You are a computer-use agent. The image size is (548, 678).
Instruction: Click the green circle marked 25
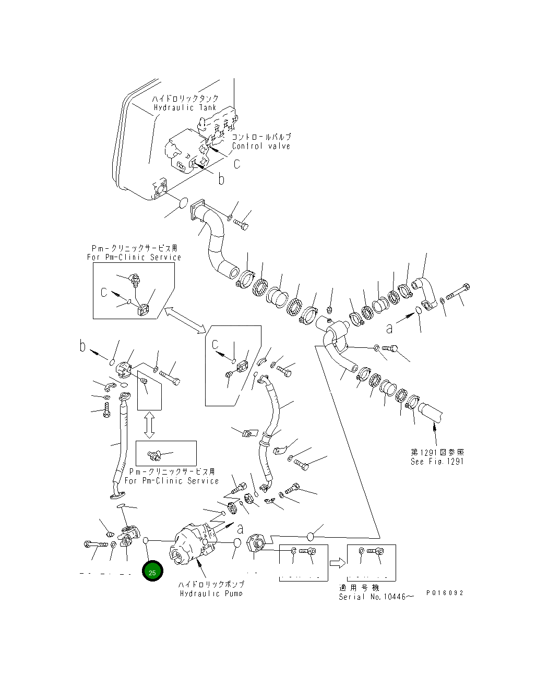point(152,572)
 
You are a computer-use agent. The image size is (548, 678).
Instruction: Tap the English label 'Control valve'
point(261,146)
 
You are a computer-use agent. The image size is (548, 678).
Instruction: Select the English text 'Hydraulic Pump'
point(211,594)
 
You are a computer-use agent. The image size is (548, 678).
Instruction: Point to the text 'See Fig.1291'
point(437,461)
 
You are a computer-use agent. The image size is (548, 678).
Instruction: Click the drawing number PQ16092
point(444,593)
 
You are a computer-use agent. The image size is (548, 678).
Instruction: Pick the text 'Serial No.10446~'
point(376,597)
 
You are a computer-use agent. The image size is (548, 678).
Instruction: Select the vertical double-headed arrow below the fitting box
point(149,425)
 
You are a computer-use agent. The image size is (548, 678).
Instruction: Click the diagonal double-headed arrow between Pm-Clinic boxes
point(185,319)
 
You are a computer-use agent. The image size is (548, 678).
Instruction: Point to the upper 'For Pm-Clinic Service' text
point(134,257)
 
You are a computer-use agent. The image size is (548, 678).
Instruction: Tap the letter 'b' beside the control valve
point(221,179)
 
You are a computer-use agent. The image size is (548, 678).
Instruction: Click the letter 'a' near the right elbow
point(389,328)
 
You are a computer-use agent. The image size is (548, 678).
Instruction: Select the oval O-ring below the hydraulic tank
point(183,202)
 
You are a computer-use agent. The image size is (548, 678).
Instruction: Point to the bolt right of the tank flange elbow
point(242,225)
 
